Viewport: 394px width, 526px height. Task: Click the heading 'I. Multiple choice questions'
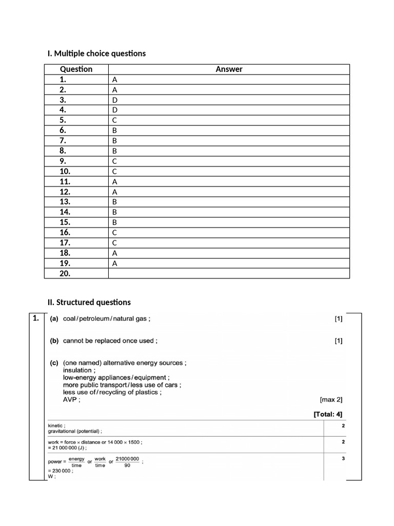pos(96,53)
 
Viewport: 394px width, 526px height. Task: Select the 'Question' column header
pos(76,69)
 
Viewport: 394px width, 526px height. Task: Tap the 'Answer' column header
pos(229,69)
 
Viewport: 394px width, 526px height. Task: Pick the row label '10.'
pos(66,171)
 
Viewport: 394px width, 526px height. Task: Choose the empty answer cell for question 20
pos(229,273)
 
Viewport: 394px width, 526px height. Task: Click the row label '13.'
pos(66,202)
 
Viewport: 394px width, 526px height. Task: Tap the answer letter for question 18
pos(115,253)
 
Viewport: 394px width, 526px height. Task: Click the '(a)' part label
pos(54,319)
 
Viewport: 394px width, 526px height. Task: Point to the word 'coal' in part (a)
pos(70,319)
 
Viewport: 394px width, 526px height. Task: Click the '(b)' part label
pos(54,341)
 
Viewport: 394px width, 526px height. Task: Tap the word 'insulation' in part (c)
pos(77,370)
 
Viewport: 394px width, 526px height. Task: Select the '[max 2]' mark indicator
pos(331,399)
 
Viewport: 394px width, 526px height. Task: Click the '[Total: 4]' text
pos(328,414)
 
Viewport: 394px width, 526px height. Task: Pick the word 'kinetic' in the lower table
pos(55,426)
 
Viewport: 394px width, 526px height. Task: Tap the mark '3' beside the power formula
pos(343,459)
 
